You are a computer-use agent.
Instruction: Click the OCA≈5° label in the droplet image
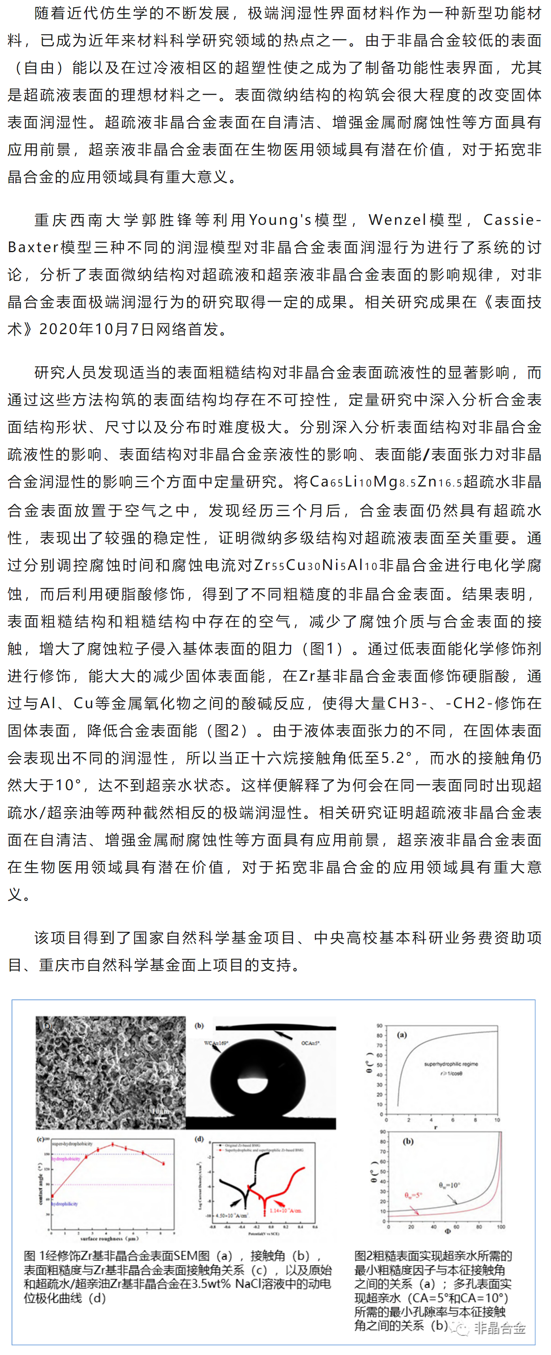click(x=310, y=1043)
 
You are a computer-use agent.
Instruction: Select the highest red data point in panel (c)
click(x=112, y=1144)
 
